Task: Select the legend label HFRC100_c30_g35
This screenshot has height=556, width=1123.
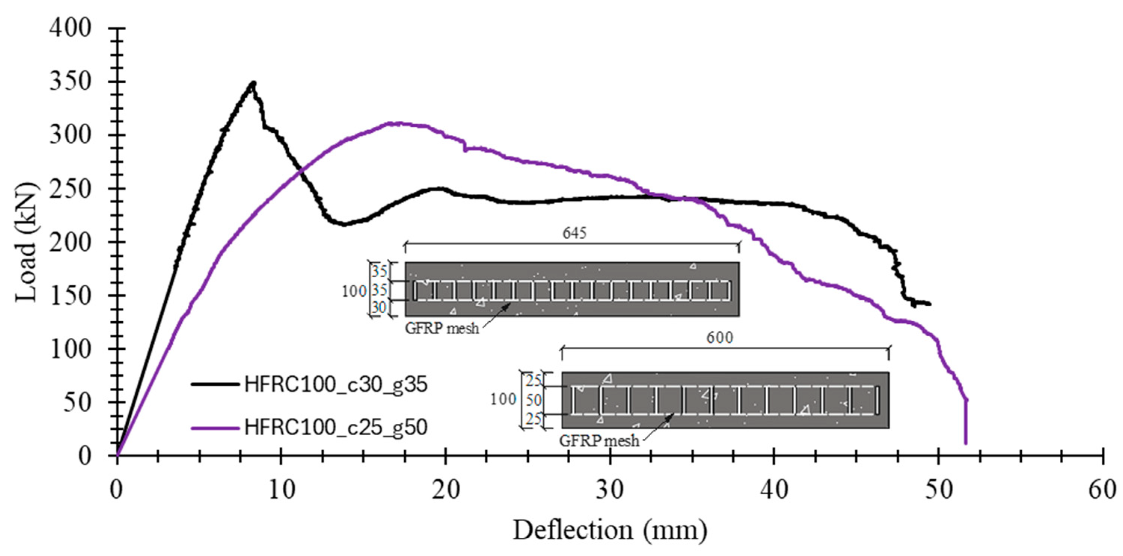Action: click(336, 385)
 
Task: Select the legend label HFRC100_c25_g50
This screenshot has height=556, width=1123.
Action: click(336, 427)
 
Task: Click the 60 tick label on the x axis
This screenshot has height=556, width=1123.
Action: click(1102, 490)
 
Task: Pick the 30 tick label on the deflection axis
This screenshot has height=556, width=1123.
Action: click(610, 490)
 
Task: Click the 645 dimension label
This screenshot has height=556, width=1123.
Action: click(574, 234)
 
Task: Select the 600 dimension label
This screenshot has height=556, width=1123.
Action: click(719, 338)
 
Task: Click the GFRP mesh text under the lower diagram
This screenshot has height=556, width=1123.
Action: click(599, 441)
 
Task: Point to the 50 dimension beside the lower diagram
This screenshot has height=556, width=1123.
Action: click(534, 400)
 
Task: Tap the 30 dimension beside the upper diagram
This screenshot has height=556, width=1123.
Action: click(379, 308)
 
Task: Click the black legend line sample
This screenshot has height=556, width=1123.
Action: click(215, 384)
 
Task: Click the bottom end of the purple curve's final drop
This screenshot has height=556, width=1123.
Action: click(966, 443)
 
